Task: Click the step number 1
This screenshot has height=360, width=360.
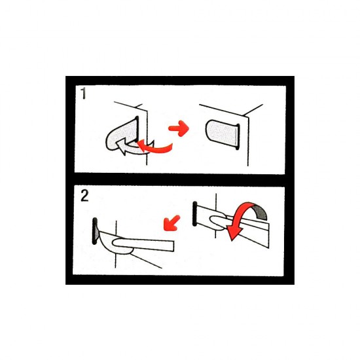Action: click(x=83, y=94)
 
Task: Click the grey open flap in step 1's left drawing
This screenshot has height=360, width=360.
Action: click(x=118, y=134)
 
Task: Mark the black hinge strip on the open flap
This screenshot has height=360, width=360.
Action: click(x=137, y=128)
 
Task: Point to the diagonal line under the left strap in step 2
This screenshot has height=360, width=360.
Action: click(x=147, y=260)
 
